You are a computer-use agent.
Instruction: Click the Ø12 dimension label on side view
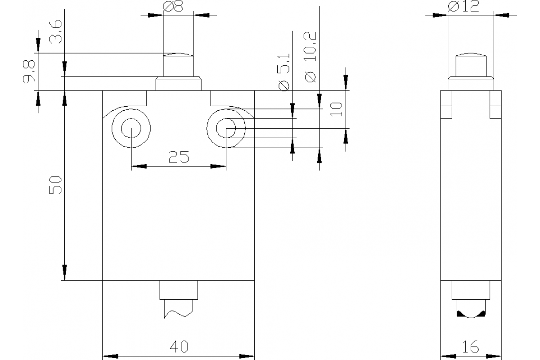[x=464, y=6]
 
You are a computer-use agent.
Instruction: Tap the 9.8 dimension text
[x=29, y=72]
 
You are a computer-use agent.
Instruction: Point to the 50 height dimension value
[x=55, y=185]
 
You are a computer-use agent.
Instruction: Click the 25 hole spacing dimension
[x=179, y=157]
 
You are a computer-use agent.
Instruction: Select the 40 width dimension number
[x=179, y=346]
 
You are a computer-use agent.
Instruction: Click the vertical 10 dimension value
[x=336, y=109]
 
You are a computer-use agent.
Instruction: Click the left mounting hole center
[x=131, y=129]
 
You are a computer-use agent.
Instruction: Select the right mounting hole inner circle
[x=226, y=129]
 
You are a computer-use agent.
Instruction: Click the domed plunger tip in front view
[x=178, y=54]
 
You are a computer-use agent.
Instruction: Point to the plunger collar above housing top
[x=178, y=84]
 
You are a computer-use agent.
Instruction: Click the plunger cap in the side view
[x=471, y=65]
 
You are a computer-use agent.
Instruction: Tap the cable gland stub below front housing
[x=178, y=290]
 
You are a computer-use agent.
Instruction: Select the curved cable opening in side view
[x=471, y=315]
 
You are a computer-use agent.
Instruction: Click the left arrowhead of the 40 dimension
[x=110, y=356]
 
